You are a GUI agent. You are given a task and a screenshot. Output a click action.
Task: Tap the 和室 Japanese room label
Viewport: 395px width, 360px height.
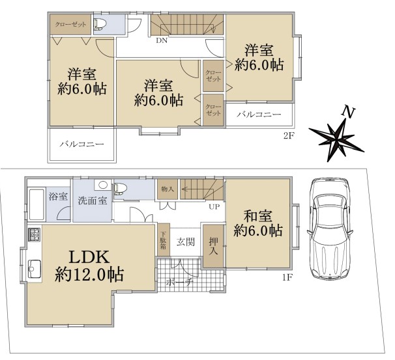pos(257,216)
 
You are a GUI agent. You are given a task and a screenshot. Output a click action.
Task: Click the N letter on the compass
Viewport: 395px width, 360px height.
pos(348,111)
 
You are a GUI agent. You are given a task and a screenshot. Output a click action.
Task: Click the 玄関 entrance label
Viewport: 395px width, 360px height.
pos(186,242)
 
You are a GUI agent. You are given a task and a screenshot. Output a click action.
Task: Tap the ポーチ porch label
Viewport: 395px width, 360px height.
pos(179,282)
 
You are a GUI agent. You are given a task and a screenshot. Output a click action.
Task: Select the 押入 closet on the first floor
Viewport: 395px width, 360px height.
pos(213,246)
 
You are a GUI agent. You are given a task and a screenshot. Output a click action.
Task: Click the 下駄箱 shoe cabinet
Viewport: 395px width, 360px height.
pos(164,240)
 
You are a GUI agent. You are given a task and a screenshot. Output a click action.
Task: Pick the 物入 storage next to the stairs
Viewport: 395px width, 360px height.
pos(168,189)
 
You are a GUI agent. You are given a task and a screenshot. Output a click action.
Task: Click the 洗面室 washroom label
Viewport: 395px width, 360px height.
pos(93,201)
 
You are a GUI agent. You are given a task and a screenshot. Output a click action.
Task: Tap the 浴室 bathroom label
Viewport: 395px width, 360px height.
pos(58,197)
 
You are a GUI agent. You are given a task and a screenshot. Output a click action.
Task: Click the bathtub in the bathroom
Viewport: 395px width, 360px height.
pos(37,204)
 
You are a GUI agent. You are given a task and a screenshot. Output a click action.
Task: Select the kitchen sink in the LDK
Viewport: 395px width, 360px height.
pos(35,269)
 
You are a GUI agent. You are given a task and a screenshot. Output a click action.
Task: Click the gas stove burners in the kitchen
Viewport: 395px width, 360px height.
pos(35,234)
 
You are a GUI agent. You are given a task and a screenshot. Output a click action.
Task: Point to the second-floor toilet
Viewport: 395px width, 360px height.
pos(100,24)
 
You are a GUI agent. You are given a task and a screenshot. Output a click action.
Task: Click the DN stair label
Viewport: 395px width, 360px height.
pos(162,40)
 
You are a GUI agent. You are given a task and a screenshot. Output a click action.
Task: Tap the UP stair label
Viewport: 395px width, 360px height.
pos(214,207)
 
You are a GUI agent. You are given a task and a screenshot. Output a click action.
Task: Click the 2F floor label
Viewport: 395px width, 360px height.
pos(289,136)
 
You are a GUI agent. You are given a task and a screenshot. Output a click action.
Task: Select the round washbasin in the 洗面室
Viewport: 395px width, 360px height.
pos(103,185)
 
